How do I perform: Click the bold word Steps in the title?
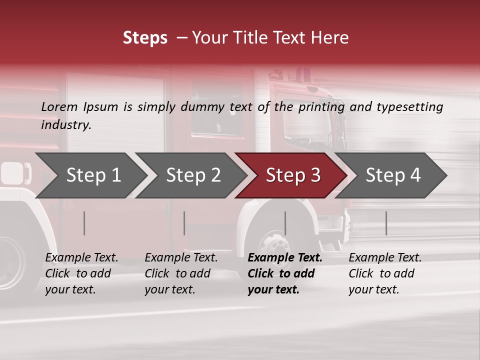145,38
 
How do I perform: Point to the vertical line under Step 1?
84,223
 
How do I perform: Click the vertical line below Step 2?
184,223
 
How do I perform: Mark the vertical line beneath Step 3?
285,223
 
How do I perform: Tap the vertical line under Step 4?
386,223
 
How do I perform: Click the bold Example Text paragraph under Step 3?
285,273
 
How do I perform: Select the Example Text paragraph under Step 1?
81,273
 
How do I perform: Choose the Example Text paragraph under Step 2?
181,273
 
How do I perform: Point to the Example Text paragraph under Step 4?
385,273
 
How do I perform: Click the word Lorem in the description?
59,107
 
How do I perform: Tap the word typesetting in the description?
409,107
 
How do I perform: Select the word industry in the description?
65,125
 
